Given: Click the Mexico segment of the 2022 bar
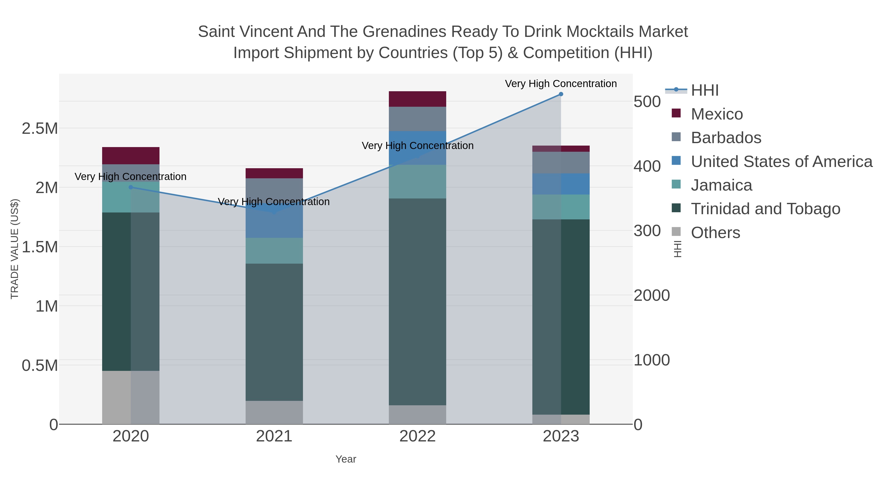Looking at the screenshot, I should [417, 99].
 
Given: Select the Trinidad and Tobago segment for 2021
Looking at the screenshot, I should [274, 332].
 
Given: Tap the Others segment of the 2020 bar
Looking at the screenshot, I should [131, 397].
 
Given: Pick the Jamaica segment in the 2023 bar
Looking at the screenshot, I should [561, 207].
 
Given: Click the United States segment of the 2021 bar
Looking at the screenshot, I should [274, 223].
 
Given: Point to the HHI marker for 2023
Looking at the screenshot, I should [561, 94].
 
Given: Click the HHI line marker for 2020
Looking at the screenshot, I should [131, 187].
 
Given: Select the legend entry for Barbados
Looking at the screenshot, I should [726, 138].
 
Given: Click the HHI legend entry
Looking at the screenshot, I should [704, 91].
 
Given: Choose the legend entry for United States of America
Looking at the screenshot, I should [781, 162].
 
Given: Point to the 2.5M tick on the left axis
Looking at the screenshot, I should [40, 129].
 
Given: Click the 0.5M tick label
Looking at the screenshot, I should [40, 366].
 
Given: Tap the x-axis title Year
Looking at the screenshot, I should [346, 459].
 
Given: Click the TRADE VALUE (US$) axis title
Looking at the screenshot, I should [15, 249].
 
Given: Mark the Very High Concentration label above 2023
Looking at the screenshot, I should [561, 84].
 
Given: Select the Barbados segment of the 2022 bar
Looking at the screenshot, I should [417, 119].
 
